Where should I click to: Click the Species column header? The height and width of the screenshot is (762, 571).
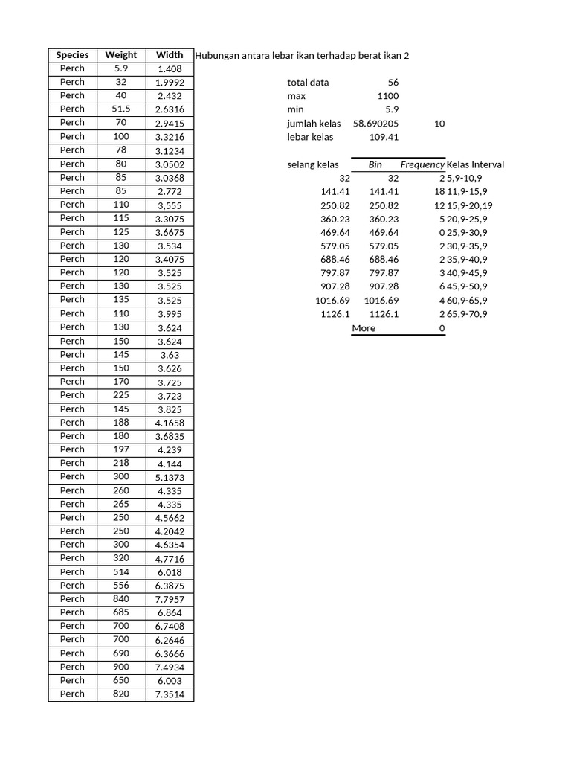(x=72, y=55)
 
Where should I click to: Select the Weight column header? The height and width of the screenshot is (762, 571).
(x=121, y=55)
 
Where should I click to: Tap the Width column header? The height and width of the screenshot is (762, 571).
(x=170, y=55)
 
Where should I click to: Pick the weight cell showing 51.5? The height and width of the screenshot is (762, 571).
(x=121, y=109)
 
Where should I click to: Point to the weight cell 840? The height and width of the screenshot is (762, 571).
(x=121, y=599)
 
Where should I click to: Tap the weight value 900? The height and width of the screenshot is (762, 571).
(x=121, y=667)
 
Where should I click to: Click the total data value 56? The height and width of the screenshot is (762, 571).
(x=393, y=83)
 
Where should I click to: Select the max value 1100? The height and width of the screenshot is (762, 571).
(x=387, y=96)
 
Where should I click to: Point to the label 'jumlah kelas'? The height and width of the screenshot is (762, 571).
(x=314, y=124)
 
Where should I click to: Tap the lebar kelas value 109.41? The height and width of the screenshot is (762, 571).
(x=384, y=137)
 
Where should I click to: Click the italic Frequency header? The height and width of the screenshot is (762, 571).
(x=422, y=164)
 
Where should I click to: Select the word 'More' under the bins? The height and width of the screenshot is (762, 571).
(x=364, y=328)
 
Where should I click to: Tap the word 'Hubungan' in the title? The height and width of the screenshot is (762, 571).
(x=216, y=55)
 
